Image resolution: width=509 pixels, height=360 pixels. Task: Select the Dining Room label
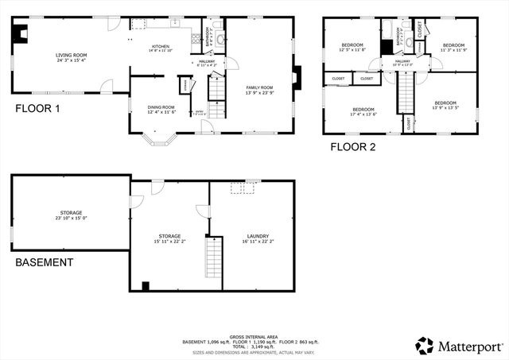click(x=161, y=109)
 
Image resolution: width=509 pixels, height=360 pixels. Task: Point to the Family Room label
click(x=259, y=90)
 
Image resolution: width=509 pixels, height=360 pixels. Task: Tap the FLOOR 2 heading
click(x=354, y=146)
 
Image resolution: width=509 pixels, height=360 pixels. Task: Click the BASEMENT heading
click(x=44, y=262)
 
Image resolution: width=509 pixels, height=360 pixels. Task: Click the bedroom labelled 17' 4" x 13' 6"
click(x=363, y=110)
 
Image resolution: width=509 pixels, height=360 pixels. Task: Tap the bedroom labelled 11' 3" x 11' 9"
click(x=453, y=47)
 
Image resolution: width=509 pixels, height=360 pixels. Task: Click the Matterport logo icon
click(x=424, y=345)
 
